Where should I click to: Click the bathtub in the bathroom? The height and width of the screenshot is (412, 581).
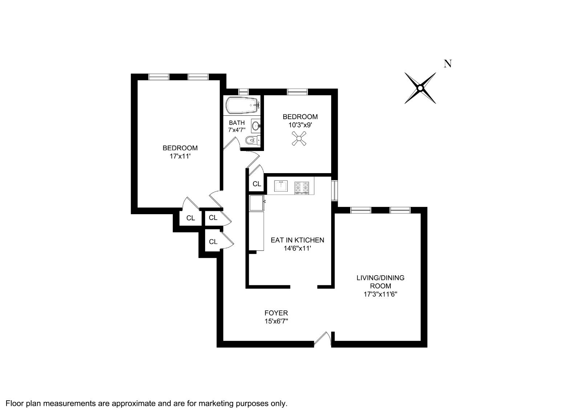241,105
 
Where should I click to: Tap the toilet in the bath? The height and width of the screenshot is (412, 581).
251,140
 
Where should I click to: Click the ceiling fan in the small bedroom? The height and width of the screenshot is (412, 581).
300,139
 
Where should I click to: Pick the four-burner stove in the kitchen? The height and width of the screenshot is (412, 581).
302,187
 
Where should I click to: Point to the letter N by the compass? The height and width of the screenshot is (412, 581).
448,64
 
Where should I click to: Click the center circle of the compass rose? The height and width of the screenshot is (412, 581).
420,88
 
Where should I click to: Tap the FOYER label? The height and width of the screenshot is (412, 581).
276,313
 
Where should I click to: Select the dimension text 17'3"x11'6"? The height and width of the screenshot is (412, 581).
380,294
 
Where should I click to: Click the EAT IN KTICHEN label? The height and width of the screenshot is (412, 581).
297,240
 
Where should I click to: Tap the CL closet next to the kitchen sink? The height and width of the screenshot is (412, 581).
257,184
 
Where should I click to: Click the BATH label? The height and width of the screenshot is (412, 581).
237,123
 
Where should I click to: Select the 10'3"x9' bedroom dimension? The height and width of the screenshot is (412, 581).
300,125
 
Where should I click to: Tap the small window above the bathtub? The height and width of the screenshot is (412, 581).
243,91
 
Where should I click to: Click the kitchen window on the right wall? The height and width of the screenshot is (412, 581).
334,190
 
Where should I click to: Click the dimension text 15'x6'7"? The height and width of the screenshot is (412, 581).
276,321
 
